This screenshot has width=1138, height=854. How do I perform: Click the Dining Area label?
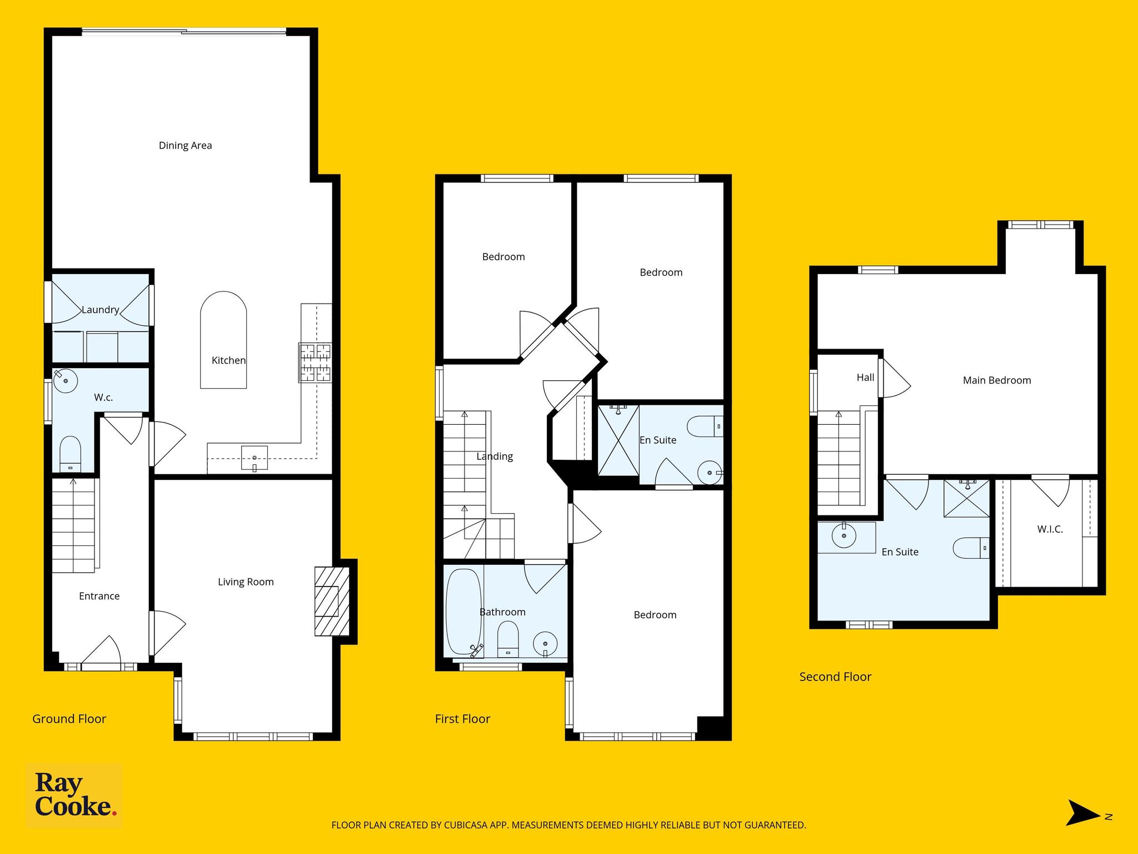point(185,146)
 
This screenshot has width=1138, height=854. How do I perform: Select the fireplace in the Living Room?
point(332,601)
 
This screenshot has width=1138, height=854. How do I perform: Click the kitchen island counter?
point(223,340)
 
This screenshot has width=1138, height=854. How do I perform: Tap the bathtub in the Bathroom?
point(463,612)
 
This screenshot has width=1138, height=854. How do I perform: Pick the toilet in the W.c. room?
point(70,454)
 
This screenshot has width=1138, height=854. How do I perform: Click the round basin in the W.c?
point(66,381)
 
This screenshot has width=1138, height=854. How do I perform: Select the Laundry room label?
point(101,310)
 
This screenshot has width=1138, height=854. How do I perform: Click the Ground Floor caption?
point(69,719)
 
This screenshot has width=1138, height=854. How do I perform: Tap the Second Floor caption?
point(835,677)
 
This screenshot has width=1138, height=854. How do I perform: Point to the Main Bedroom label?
point(997,380)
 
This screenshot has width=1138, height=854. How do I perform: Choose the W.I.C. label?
point(1050,529)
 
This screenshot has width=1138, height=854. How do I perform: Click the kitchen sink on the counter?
point(254,458)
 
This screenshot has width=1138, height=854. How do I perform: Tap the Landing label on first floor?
point(495,456)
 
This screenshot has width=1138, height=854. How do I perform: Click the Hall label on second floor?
point(865,378)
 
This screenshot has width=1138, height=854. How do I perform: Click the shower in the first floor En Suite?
point(618,440)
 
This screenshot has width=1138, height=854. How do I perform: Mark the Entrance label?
point(99,596)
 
